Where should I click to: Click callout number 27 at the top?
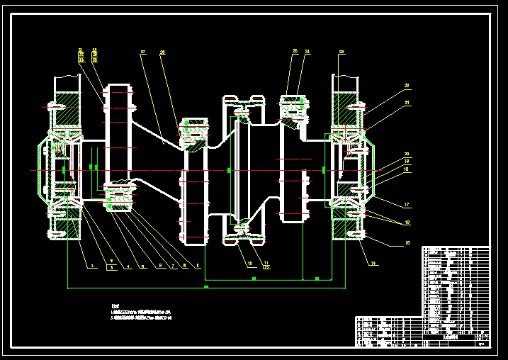pos(142,52)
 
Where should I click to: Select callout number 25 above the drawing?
pos(295,51)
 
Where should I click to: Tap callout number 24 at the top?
pos(307,51)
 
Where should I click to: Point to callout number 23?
pos(342,52)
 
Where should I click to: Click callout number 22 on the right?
pos(407,86)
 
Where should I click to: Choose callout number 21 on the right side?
pos(407,103)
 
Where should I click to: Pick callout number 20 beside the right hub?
pos(407,154)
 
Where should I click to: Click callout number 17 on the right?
pos(407,206)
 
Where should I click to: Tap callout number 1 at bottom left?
pos(91,266)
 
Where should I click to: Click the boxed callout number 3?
pos(111,267)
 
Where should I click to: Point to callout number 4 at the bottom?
pos(128,266)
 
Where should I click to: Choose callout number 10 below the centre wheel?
pos(249,264)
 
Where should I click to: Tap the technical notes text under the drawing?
pos(142,313)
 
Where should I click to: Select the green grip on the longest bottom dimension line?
pos(205,288)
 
